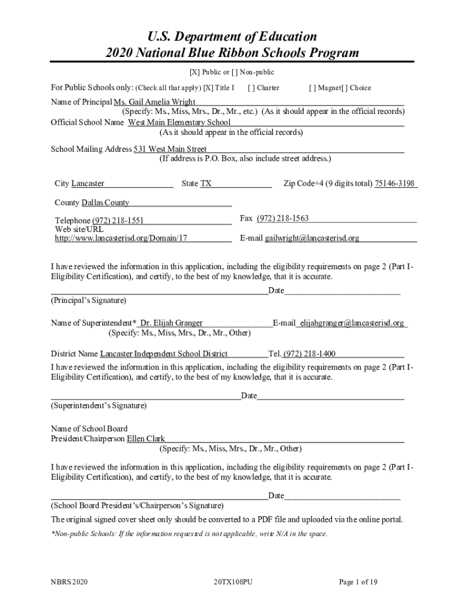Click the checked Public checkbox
[x=195, y=73]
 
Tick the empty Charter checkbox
[x=252, y=88]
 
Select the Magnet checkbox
[x=313, y=88]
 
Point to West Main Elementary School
[x=179, y=122]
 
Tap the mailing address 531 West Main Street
[x=170, y=149]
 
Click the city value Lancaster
[x=88, y=183]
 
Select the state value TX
[x=206, y=183]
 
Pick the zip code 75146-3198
[x=395, y=183]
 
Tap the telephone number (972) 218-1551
[x=118, y=221]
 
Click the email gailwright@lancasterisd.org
[x=312, y=238]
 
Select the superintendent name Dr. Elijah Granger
[x=172, y=323]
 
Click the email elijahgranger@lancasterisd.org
[x=352, y=323]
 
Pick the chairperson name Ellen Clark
[x=146, y=439]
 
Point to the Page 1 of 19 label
[x=358, y=582]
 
